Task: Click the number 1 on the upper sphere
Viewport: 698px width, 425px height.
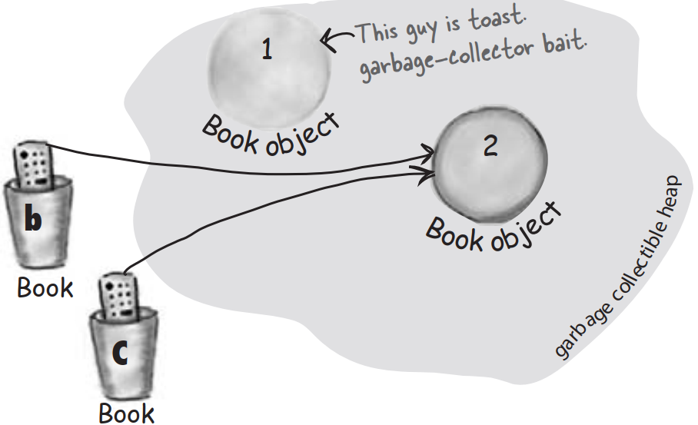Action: click(x=266, y=51)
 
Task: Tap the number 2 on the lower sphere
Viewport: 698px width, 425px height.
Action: click(x=490, y=146)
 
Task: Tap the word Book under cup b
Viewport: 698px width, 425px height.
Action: click(x=45, y=288)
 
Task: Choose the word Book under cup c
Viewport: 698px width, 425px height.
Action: click(x=127, y=413)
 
